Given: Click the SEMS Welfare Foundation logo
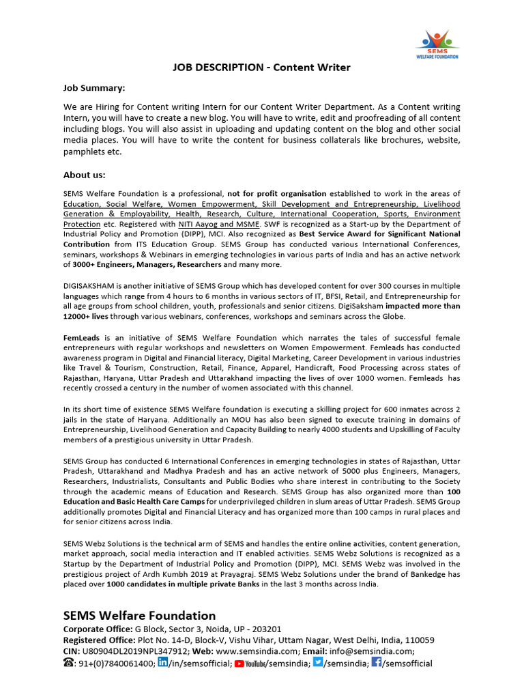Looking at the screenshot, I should pos(437,43).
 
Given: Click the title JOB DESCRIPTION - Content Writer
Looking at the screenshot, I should pos(261,68).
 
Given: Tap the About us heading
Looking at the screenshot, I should pos(84,175).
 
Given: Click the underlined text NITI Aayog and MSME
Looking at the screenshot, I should pos(218,224).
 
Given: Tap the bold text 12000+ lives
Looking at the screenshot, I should pos(91,317).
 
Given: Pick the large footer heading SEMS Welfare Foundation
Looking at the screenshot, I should pos(139,615).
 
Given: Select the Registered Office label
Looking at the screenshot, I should pos(100,640).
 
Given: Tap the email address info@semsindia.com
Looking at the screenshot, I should pos(365,652).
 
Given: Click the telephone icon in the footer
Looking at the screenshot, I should pos(69,664).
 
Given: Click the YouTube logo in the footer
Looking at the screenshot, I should pos(250,664).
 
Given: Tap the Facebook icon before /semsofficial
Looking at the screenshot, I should pos(376,663).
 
